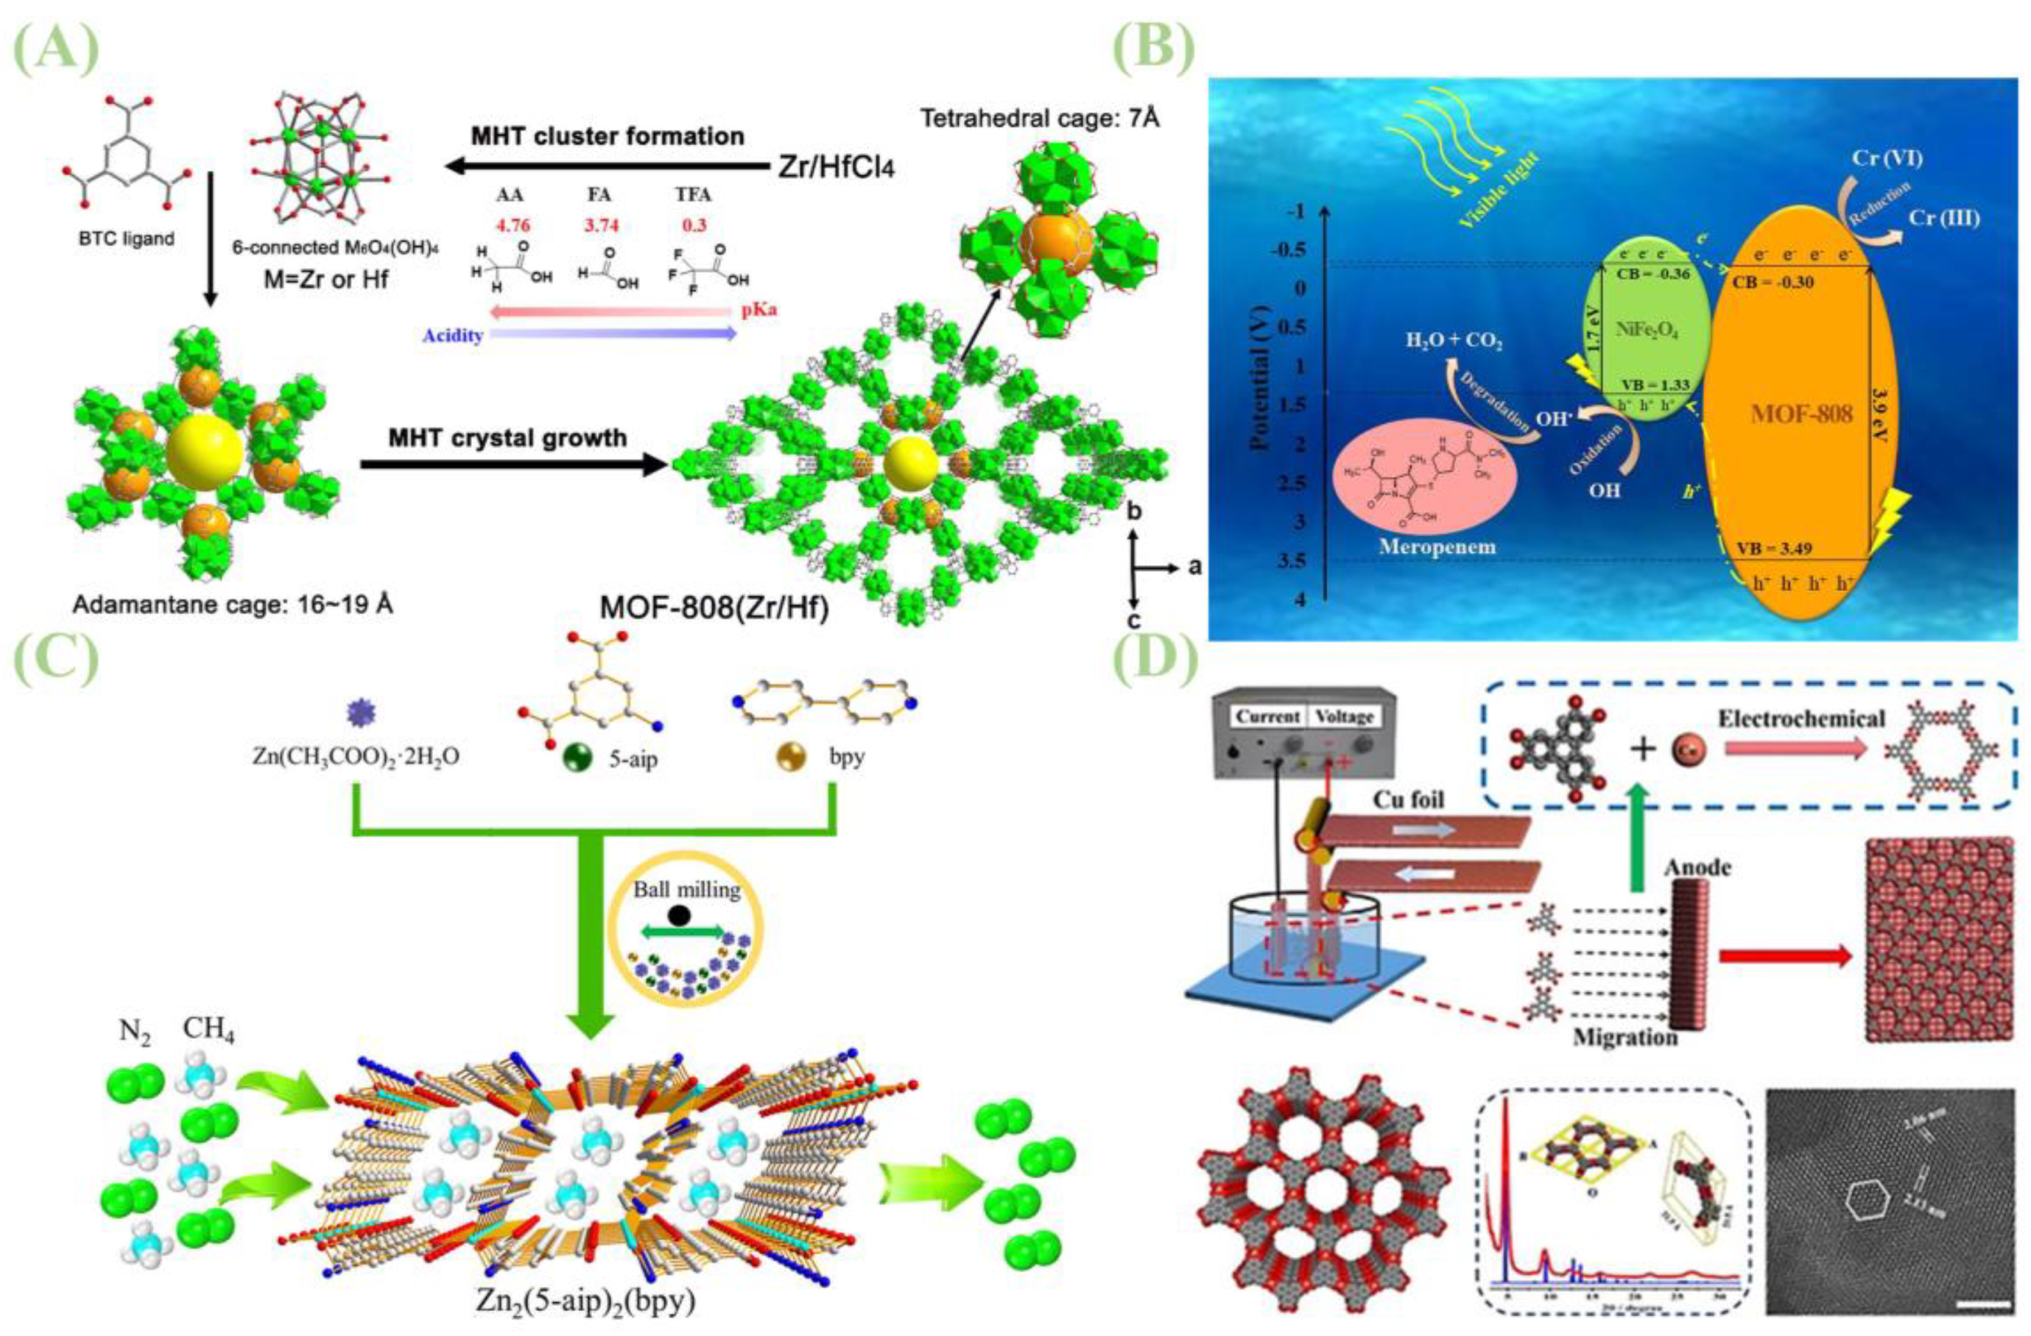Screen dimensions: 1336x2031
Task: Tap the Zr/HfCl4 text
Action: (x=837, y=167)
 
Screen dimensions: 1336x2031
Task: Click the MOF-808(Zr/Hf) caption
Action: (x=714, y=607)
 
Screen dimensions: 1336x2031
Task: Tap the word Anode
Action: (x=1698, y=868)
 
